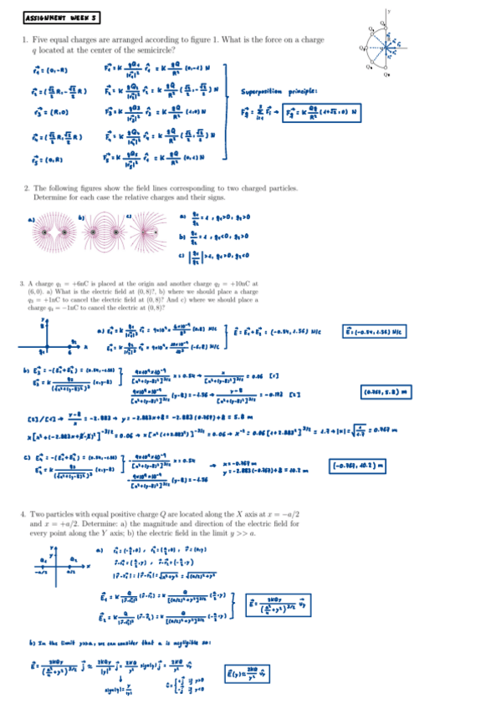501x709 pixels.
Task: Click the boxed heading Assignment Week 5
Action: [x=62, y=17]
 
